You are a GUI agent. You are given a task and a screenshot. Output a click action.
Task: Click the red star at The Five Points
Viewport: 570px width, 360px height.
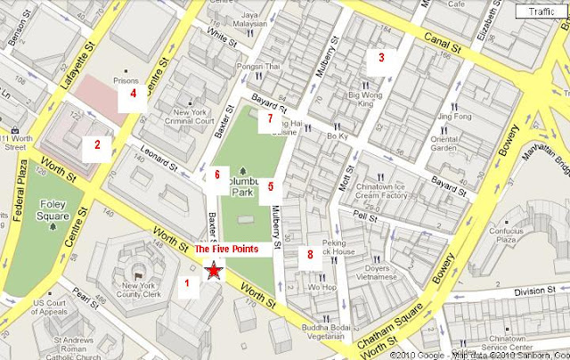tap(214, 271)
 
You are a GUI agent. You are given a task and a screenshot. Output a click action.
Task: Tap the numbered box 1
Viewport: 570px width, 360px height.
tap(187, 284)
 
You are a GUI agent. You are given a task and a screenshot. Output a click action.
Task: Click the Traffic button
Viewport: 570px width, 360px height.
tap(541, 12)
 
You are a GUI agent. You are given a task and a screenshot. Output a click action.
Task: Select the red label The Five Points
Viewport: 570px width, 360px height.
tap(226, 250)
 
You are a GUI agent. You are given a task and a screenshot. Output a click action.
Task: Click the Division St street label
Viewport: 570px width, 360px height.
tap(531, 289)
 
